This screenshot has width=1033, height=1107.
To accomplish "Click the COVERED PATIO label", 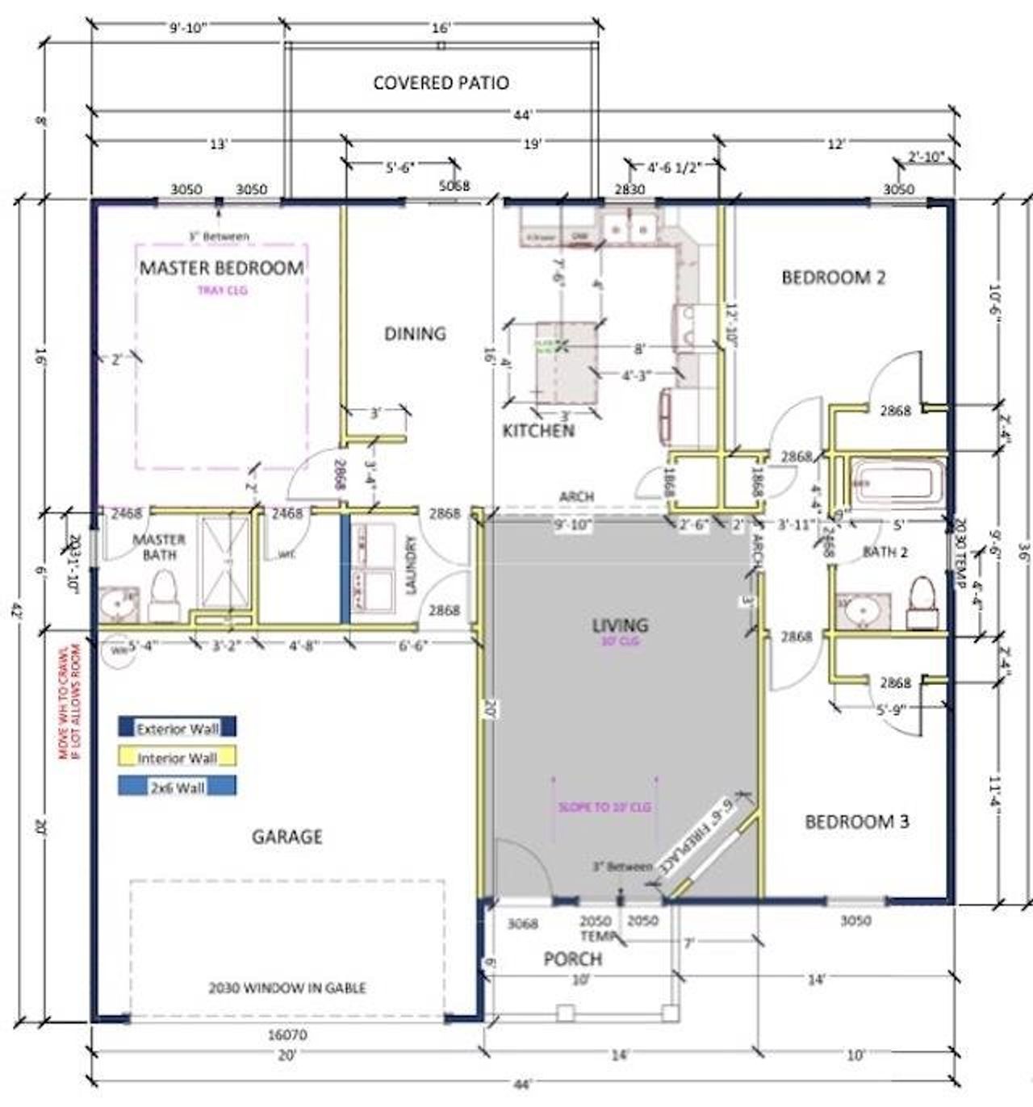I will (x=441, y=82).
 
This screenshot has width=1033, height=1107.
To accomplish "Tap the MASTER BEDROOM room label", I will (x=222, y=268).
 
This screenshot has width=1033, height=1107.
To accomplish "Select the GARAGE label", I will (x=286, y=837).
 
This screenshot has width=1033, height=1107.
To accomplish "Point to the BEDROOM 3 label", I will (x=856, y=821).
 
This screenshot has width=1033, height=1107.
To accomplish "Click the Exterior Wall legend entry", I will (x=178, y=728).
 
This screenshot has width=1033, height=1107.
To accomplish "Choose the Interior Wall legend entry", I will (x=178, y=758).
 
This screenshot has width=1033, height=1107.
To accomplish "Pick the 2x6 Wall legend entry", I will (x=178, y=787).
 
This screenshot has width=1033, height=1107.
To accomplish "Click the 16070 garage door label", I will (x=287, y=1034).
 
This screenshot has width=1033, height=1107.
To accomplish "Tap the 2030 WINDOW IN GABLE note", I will (x=287, y=988).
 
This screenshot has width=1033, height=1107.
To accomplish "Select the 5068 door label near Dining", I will (x=454, y=186).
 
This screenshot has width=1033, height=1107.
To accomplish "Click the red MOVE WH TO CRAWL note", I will (x=70, y=700).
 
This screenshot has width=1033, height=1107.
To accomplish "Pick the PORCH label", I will (x=572, y=959).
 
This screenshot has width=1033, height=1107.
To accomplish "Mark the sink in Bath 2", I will (x=860, y=612).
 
